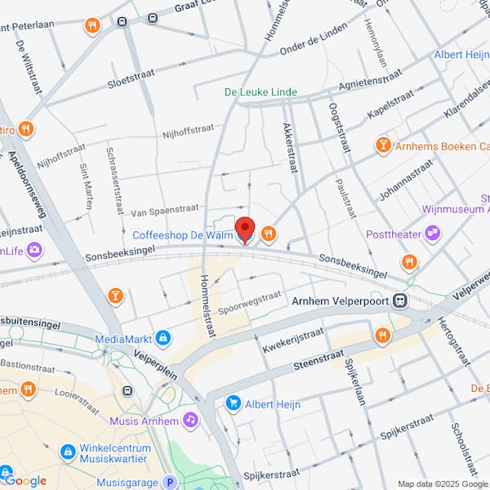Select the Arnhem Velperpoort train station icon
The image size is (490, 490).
pyautogui.click(x=400, y=301)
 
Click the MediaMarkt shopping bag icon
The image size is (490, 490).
pyautogui.click(x=163, y=337)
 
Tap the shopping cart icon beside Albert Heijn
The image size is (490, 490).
pyautogui.click(x=234, y=403)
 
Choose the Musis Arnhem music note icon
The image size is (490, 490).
pyautogui.click(x=190, y=420)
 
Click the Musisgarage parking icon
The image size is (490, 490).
pyautogui.click(x=170, y=483)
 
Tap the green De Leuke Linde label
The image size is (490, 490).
pyautogui.click(x=261, y=92)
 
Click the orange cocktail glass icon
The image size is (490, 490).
pyautogui.click(x=115, y=294)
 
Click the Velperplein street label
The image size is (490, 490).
pyautogui.click(x=157, y=357)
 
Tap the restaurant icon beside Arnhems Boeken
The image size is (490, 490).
pyautogui.click(x=382, y=146)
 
